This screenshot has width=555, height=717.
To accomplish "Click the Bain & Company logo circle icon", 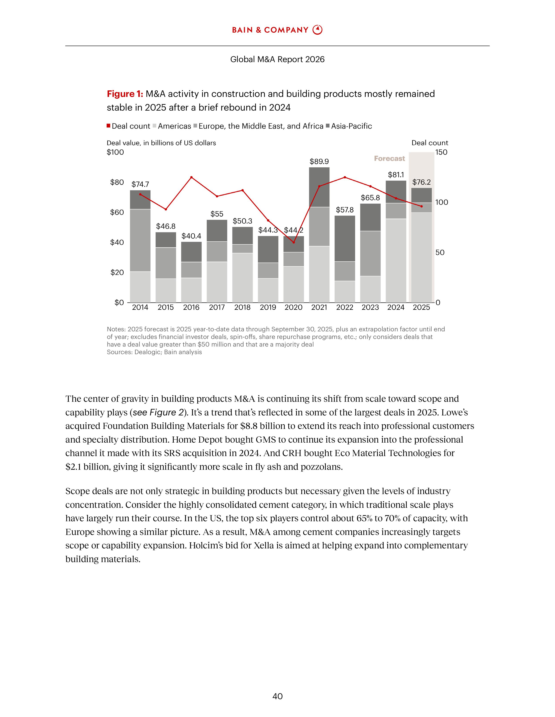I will (x=317, y=30).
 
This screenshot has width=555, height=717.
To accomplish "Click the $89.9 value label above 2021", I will (x=319, y=161).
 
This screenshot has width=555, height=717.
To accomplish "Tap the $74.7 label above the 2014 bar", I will (x=140, y=184).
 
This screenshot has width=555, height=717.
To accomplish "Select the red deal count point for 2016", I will (x=191, y=177).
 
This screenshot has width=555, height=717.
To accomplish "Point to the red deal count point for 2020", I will (x=294, y=242).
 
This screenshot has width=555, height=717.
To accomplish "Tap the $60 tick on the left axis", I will (x=117, y=212).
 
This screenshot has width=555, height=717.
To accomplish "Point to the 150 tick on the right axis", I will (x=441, y=152).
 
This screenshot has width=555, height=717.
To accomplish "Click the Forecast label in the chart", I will (x=389, y=159).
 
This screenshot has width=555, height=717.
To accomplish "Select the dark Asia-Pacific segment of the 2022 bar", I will (x=345, y=238).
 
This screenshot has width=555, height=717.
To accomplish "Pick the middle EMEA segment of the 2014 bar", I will (x=140, y=240).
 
